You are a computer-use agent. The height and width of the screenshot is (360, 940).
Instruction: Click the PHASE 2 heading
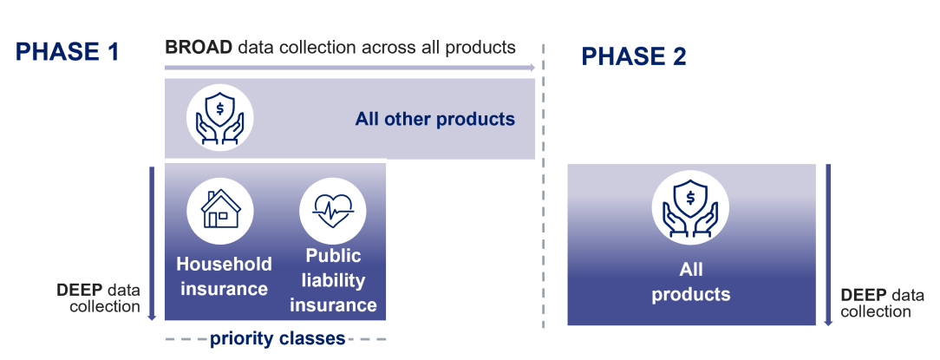[634, 57]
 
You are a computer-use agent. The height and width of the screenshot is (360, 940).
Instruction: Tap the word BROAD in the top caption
[199, 47]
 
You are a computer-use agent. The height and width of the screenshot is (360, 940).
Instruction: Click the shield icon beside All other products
[220, 118]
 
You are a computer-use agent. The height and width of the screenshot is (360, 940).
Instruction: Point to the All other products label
[434, 120]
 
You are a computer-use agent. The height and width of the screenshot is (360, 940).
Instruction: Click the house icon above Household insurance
[220, 209]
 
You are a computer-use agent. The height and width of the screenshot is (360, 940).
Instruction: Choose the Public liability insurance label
[333, 281]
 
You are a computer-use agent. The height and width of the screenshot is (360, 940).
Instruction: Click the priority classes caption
[277, 337]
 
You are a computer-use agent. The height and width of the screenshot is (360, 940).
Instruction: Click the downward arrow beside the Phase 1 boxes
[152, 243]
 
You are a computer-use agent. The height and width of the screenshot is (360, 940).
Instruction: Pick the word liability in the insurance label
[333, 281]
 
